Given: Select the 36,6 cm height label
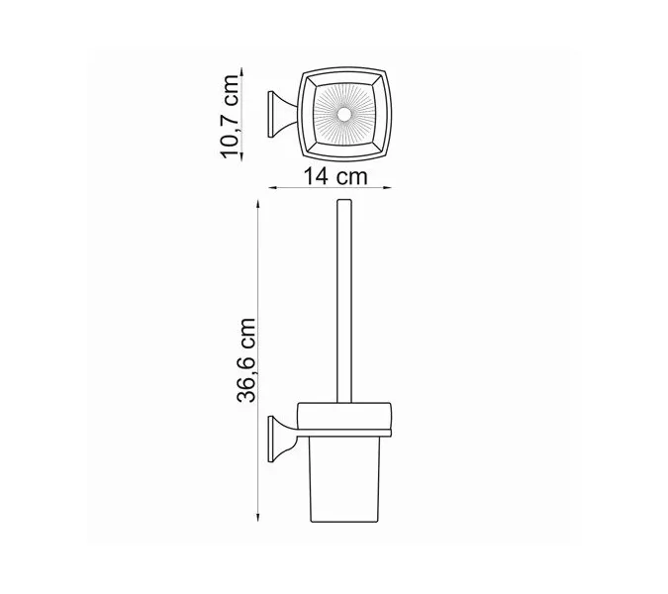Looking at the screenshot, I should click(x=247, y=361).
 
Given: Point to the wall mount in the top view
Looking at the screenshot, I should click(x=280, y=117).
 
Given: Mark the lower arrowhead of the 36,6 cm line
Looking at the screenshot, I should click(x=258, y=527).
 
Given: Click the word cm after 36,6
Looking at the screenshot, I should click(x=247, y=335).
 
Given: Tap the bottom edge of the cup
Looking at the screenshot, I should click(x=343, y=527).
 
